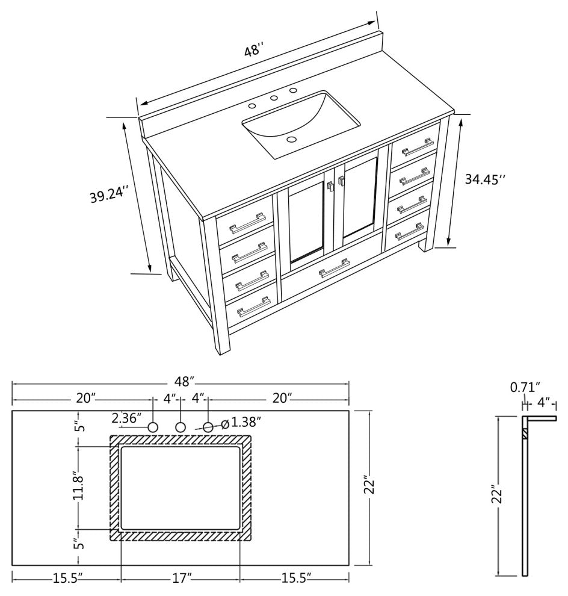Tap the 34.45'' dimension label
486,179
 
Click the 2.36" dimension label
126,417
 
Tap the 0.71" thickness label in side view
525,386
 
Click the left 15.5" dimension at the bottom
67,579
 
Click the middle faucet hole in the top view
180,427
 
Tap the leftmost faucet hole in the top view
153,427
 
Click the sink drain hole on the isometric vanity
292,140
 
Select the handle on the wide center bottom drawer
335,269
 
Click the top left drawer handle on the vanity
247,223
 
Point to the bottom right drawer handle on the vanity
409,232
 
